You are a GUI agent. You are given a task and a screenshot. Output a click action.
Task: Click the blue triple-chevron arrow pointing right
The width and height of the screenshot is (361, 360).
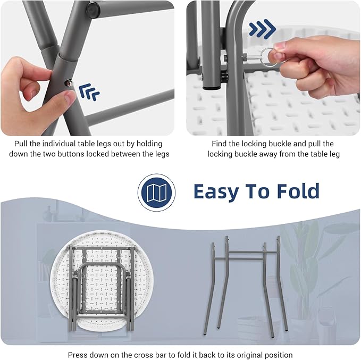tap(262, 29)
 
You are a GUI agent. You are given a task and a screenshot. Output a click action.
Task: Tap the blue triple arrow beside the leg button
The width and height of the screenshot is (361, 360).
tap(89, 92)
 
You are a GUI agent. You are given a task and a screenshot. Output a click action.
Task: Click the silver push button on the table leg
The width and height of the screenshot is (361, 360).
tap(69, 83)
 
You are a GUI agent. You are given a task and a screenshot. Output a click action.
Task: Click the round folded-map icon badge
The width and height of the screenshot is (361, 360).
tap(156, 192)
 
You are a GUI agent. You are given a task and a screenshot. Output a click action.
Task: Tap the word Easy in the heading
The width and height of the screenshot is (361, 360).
tap(216, 191)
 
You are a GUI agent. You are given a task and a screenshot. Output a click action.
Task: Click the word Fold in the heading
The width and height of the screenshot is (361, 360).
tap(298, 191)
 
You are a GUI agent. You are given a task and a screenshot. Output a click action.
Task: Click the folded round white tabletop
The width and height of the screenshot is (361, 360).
tap(102, 281)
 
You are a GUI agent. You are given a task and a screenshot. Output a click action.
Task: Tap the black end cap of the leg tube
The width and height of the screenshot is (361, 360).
tap(212, 87)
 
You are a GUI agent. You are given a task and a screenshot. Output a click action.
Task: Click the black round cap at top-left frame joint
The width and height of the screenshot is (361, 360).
tap(93, 10)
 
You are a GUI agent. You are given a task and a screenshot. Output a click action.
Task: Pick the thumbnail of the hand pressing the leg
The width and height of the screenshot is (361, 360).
tap(87, 68)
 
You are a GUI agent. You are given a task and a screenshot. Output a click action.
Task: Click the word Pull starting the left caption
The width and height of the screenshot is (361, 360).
tap(21, 144)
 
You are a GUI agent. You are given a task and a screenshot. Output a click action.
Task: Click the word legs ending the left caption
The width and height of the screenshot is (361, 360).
tap(162, 154)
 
